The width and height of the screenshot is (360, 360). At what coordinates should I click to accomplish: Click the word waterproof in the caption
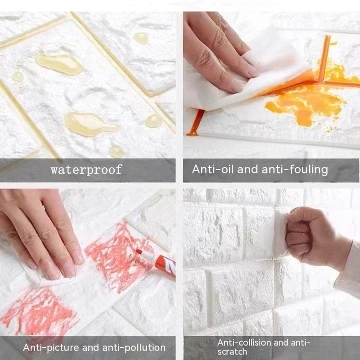(86, 170)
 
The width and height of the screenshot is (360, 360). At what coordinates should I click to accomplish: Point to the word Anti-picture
(50, 347)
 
